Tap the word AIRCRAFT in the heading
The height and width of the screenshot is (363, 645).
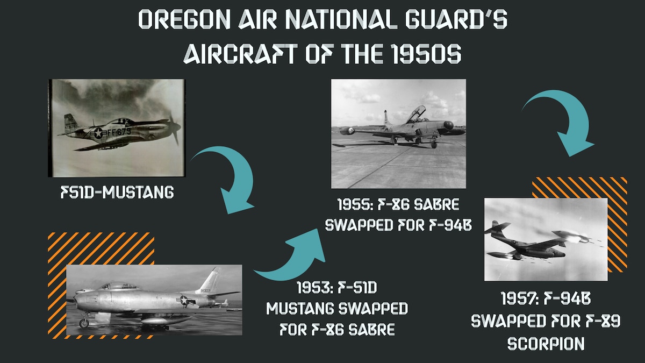pyautogui.click(x=240, y=54)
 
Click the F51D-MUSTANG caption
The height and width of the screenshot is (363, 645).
pyautogui.click(x=117, y=192)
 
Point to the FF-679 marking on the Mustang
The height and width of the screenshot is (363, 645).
pyautogui.click(x=119, y=132)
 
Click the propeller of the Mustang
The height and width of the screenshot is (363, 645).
pyautogui.click(x=174, y=127)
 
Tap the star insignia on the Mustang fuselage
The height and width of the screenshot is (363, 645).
pyautogui.click(x=98, y=133)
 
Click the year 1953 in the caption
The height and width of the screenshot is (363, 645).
pyautogui.click(x=312, y=288)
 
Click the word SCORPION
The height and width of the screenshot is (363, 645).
pyautogui.click(x=546, y=344)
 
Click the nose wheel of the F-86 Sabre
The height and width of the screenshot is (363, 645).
pyautogui.click(x=84, y=323)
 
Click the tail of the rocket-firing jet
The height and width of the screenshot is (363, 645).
pyautogui.click(x=496, y=227)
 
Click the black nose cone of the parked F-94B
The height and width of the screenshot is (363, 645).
pyautogui.click(x=449, y=125)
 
